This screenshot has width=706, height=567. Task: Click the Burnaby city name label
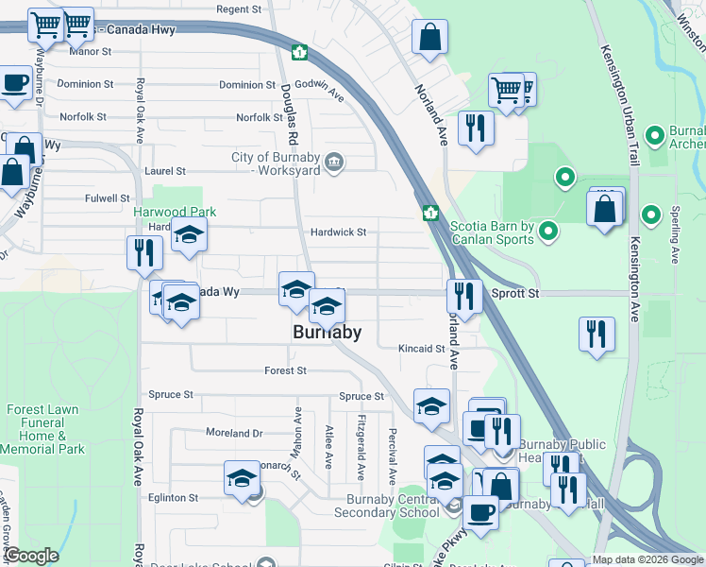click(x=327, y=333)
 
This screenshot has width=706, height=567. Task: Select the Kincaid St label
click(x=421, y=349)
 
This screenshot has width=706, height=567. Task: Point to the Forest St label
click(x=286, y=371)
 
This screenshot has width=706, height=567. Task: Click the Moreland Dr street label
click(x=234, y=433)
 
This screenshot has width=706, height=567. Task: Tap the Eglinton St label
click(x=173, y=497)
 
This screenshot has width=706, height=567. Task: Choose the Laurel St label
click(x=165, y=171)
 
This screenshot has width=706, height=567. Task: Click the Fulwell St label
click(x=107, y=198)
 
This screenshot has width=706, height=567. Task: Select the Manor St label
click(x=91, y=52)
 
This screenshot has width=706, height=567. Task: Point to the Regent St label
click(x=238, y=9)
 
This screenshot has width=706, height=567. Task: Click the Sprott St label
click(x=515, y=294)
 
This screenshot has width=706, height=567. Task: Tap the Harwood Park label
click(x=168, y=213)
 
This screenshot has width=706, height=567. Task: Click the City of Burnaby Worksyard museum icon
click(x=333, y=163)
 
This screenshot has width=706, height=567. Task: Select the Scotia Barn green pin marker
click(x=548, y=231)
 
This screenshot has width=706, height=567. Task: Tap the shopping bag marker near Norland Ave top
click(x=429, y=38)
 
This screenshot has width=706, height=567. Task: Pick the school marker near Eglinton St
click(x=242, y=477)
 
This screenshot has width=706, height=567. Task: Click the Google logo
click(x=30, y=556)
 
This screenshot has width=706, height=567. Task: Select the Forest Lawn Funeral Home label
click(x=42, y=429)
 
